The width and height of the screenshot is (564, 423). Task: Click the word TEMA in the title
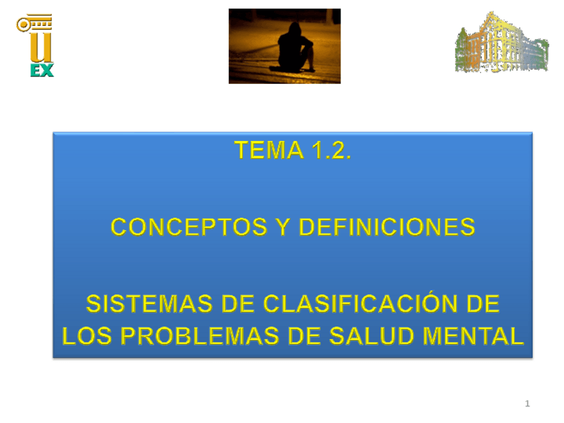pyautogui.click(x=269, y=150)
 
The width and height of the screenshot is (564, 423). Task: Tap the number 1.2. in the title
pyautogui.click(x=331, y=150)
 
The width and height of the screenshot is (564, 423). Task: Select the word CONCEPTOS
pyautogui.click(x=189, y=227)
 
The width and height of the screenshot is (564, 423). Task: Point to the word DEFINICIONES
pyautogui.click(x=387, y=227)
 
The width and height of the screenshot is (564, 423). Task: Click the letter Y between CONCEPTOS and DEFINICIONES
pyautogui.click(x=283, y=227)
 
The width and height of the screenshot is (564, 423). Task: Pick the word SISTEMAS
pyautogui.click(x=149, y=304)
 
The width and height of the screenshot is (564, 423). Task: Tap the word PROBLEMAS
pyautogui.click(x=200, y=336)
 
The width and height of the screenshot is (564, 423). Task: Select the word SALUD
pyautogui.click(x=371, y=336)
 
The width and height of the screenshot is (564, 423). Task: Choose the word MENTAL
pyautogui.click(x=474, y=336)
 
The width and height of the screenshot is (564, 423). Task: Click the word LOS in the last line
pyautogui.click(x=86, y=336)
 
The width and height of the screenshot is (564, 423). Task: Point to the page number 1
pyautogui.click(x=527, y=404)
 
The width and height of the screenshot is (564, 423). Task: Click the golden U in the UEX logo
pyautogui.click(x=41, y=47)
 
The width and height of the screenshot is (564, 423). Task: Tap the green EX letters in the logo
pyautogui.click(x=42, y=70)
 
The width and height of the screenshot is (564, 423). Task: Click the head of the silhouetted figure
pyautogui.click(x=295, y=29)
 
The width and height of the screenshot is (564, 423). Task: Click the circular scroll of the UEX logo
pyautogui.click(x=24, y=25)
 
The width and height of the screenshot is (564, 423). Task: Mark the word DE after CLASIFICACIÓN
pyautogui.click(x=483, y=304)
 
